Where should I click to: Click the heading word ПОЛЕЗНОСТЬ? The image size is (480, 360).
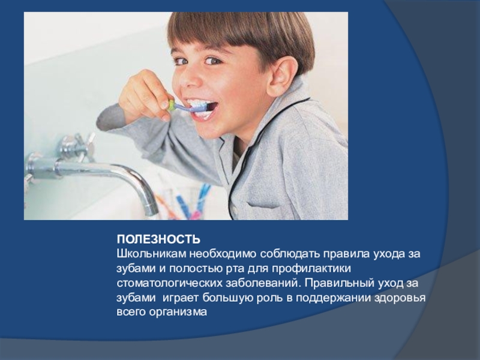point(158,239)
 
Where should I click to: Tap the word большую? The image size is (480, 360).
point(228,298)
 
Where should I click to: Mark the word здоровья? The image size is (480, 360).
point(400,298)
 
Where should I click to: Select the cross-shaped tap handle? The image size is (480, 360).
point(77,146)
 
